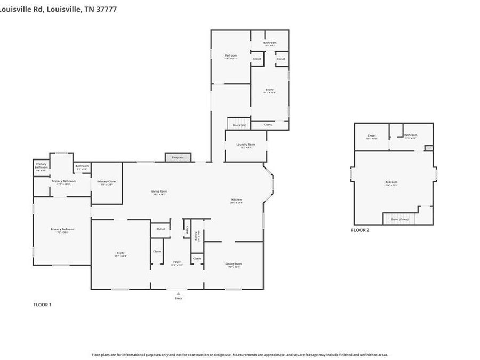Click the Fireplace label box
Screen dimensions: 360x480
coord(178,157)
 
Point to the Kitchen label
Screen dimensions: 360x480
coord(236,200)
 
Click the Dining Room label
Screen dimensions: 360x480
coord(234,264)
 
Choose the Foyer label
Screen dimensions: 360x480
coord(177,262)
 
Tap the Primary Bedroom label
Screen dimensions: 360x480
coord(62,230)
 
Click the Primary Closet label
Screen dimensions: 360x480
coord(107,182)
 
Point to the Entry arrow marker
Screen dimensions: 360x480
coord(178,293)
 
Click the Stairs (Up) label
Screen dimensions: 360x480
coord(239,125)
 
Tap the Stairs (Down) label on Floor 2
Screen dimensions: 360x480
coord(399,219)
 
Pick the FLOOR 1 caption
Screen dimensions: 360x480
coord(43,305)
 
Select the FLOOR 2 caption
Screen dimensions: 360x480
coord(359,230)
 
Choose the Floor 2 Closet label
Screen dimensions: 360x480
coord(372,135)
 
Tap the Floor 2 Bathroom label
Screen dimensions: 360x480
coord(410,135)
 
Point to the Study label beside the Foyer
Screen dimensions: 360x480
coord(121,253)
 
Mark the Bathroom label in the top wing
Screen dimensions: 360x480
coord(270,43)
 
